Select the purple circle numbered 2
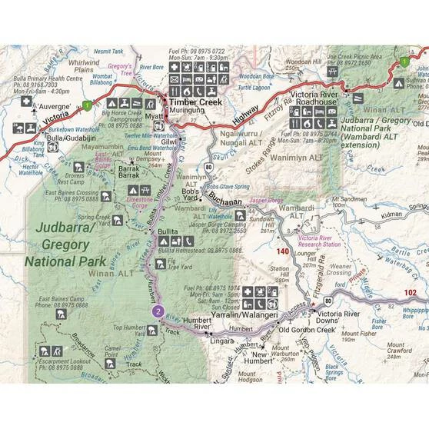point(158,311)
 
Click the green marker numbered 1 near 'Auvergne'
point(88,105)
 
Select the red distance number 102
point(410,292)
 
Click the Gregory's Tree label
point(121,68)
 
